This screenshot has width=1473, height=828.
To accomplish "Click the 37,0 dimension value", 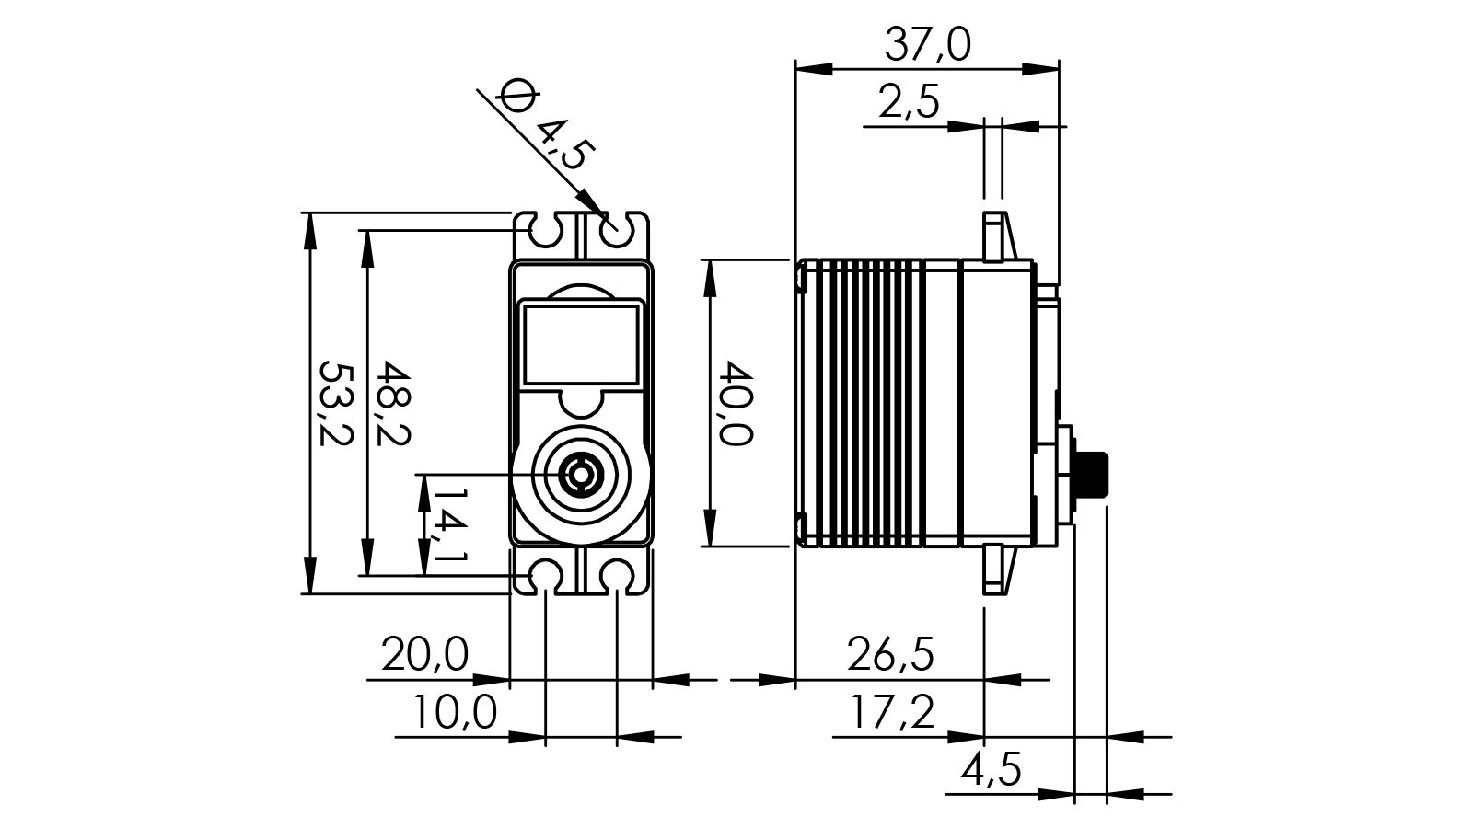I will [927, 44].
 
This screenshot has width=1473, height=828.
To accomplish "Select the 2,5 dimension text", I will [909, 102].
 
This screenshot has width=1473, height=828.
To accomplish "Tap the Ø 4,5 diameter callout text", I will [545, 125].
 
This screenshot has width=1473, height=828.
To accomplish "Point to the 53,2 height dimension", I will [335, 403].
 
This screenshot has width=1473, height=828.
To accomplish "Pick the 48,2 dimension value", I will [394, 403].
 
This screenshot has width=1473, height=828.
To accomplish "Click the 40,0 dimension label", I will [736, 403].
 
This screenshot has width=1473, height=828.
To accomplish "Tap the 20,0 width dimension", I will [425, 655].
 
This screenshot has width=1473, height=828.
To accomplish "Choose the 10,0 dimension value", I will [454, 712].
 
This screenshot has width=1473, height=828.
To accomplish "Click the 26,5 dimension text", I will [890, 655].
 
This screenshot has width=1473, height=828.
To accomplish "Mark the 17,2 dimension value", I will [890, 712].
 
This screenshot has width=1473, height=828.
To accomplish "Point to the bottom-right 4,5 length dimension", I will [991, 769].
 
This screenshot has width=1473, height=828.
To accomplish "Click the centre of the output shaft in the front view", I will [581, 475].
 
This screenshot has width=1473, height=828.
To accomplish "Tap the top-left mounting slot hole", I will [546, 232].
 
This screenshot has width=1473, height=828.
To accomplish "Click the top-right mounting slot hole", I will [618, 232].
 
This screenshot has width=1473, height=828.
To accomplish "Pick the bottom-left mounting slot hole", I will [546, 573].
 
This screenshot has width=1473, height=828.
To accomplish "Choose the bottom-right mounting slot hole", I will [618, 573].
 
